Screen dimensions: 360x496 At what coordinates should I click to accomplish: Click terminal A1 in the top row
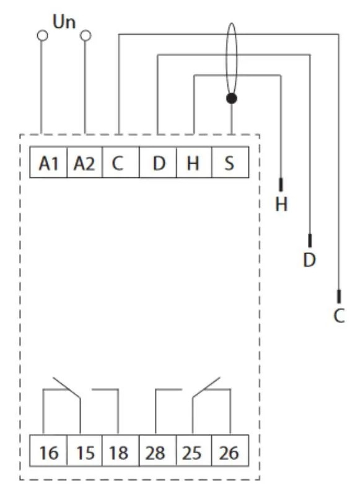[x=48, y=162]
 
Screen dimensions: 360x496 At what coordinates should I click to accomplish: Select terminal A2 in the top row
[x=84, y=162]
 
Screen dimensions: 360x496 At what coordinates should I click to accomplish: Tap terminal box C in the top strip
[x=121, y=162]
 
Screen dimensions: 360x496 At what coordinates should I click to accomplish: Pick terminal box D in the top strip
[x=158, y=162]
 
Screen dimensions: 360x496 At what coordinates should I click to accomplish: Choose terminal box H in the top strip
[x=194, y=162]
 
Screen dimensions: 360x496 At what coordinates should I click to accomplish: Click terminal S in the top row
[x=230, y=162]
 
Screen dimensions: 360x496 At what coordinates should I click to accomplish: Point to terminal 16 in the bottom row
[x=48, y=451]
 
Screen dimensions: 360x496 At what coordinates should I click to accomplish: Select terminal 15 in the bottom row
[x=84, y=451]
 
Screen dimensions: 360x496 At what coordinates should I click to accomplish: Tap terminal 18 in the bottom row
[x=121, y=451]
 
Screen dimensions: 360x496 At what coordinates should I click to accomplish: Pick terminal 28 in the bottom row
[x=158, y=451]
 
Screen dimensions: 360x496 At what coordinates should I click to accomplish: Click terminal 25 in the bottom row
[x=194, y=451]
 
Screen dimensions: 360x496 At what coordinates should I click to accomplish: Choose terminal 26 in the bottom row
[x=230, y=451]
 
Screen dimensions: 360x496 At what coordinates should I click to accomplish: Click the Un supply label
[x=64, y=22]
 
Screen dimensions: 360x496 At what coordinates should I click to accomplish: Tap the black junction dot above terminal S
[x=232, y=99]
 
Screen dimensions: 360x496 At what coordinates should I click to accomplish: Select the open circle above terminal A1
[x=42, y=36]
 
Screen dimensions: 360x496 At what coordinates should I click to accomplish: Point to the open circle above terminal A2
[x=86, y=36]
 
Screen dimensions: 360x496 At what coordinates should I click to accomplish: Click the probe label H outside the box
[x=281, y=205]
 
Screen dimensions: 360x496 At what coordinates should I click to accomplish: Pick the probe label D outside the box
[x=309, y=260]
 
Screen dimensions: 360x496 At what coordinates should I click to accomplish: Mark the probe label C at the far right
[x=339, y=316]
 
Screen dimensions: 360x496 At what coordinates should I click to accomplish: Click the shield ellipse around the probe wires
[x=226, y=60]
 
